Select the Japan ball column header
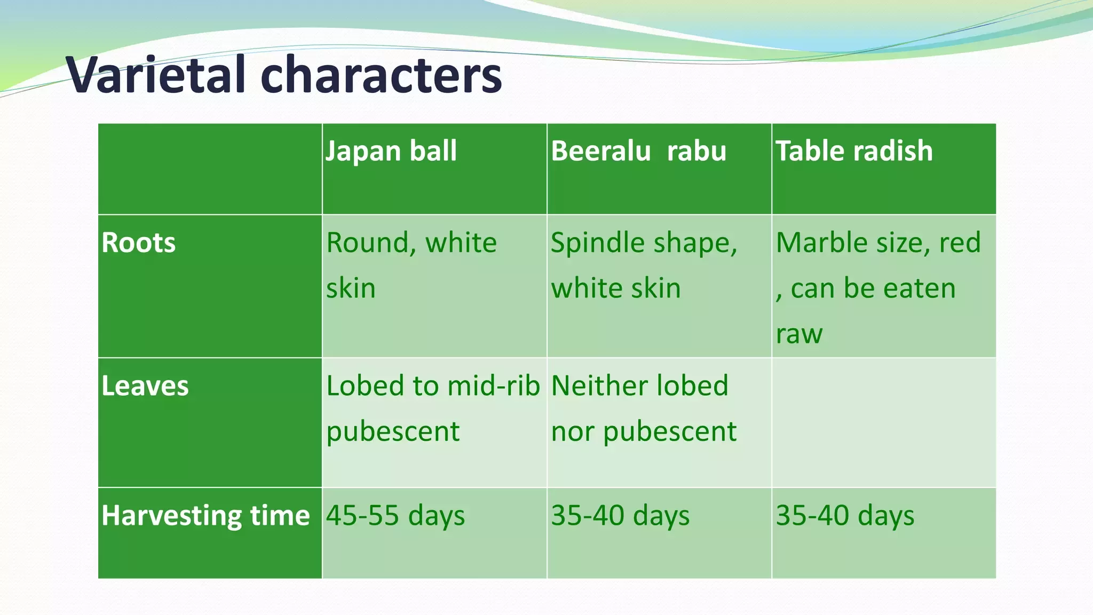[391, 151]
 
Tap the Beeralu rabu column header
[638, 151]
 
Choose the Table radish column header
[854, 151]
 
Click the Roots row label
[139, 243]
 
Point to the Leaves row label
[145, 386]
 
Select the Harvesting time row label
[205, 516]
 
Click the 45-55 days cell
[395, 516]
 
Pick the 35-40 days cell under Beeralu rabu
[620, 516]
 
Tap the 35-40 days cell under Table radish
[845, 516]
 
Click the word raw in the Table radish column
[799, 335]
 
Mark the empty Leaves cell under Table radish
[884, 422]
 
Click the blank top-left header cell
[210, 169]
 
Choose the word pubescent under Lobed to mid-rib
[393, 432]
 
